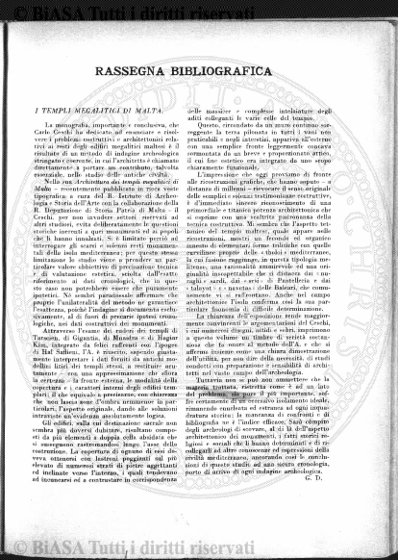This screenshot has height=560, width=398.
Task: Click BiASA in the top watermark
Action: pyautogui.click(x=45, y=12)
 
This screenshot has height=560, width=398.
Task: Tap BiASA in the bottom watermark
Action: pyautogui.click(x=45, y=548)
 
